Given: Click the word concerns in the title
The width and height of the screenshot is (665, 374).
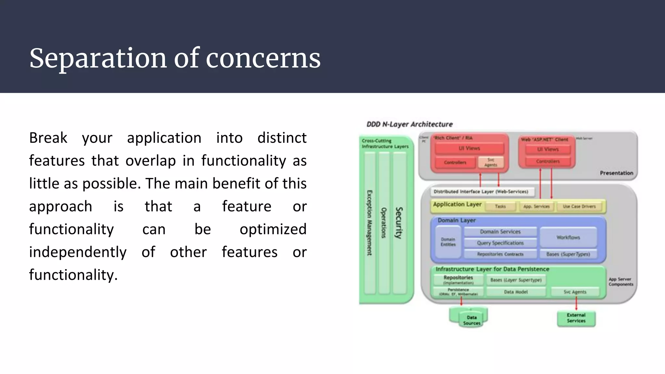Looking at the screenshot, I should pyautogui.click(x=263, y=58).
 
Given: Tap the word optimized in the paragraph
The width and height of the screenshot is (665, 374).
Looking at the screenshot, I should pyautogui.click(x=273, y=229).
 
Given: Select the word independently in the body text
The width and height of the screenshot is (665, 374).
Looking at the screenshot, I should pyautogui.click(x=78, y=252).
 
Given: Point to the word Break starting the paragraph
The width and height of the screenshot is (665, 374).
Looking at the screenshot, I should pyautogui.click(x=48, y=138).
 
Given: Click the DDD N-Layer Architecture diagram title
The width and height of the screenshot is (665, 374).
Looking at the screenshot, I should pyautogui.click(x=409, y=124).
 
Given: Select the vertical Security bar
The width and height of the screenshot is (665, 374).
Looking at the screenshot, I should pyautogui.click(x=399, y=223).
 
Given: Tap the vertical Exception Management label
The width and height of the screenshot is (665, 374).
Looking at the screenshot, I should pyautogui.click(x=370, y=223).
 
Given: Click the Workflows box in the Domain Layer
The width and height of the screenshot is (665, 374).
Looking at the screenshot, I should pyautogui.click(x=568, y=237).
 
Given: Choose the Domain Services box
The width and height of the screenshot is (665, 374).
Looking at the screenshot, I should pyautogui.click(x=500, y=232).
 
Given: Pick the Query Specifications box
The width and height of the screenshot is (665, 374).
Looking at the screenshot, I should pyautogui.click(x=500, y=243).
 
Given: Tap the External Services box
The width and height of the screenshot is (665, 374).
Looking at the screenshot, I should pyautogui.click(x=576, y=318).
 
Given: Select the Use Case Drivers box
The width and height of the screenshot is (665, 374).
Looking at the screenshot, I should pyautogui.click(x=579, y=206).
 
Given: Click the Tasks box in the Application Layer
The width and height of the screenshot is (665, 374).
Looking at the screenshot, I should pyautogui.click(x=500, y=206).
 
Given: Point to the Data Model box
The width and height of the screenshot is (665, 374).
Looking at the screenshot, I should pyautogui.click(x=516, y=292).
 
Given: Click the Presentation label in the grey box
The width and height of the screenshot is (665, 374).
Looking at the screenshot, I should pyautogui.click(x=616, y=173).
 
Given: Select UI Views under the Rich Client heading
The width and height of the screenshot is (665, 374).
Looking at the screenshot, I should pyautogui.click(x=469, y=148).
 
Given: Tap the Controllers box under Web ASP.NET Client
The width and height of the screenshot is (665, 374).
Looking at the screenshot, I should pyautogui.click(x=548, y=161).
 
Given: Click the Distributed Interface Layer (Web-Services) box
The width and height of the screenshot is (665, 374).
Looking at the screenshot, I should pyautogui.click(x=481, y=192).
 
